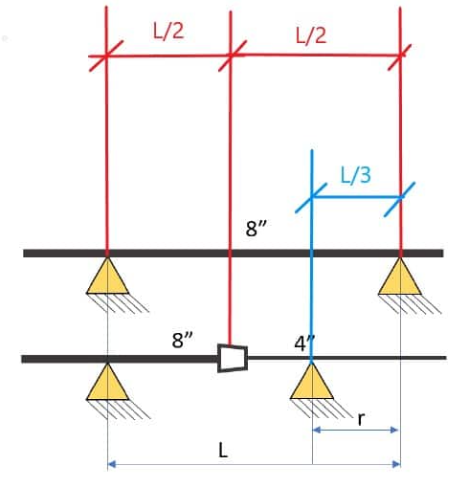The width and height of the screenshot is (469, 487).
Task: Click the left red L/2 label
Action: (x=168, y=32)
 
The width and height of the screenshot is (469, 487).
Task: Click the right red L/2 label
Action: (x=311, y=35)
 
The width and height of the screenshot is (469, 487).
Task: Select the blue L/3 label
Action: (x=356, y=175)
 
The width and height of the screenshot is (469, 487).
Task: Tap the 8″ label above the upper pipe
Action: (x=256, y=228)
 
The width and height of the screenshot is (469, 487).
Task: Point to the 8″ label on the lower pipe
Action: (x=182, y=340)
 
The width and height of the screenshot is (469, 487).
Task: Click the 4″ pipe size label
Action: (x=304, y=343)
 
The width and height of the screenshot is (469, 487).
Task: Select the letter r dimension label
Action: (x=361, y=419)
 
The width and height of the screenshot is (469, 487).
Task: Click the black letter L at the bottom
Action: (x=223, y=451)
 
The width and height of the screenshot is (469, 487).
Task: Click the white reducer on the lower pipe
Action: (x=233, y=358)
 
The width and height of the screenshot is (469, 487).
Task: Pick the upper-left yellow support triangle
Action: (x=107, y=277)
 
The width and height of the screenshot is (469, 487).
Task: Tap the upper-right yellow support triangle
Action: (x=400, y=277)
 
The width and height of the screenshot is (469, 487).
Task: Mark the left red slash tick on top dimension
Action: (x=106, y=55)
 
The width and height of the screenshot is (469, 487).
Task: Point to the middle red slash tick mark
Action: (x=233, y=55)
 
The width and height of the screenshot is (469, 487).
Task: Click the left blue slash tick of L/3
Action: (x=311, y=198)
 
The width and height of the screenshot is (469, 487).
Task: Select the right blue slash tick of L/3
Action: (x=399, y=199)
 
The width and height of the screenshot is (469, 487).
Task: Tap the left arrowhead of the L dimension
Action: (x=112, y=464)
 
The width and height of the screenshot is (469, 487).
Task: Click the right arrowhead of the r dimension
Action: (x=394, y=430)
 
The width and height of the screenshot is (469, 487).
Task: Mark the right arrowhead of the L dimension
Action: (x=396, y=464)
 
